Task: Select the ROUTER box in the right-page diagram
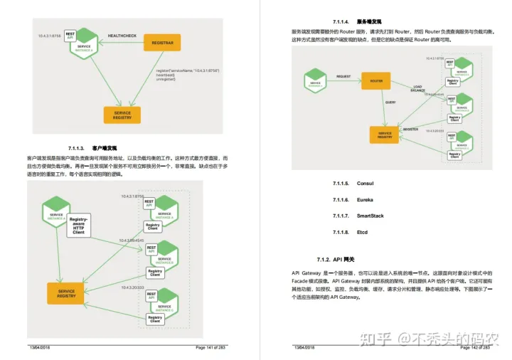tap(376, 80)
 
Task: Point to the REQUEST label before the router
tap(343, 76)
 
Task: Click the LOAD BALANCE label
tap(418, 89)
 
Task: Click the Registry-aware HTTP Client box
tap(79, 226)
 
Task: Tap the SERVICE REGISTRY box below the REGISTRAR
tap(122, 114)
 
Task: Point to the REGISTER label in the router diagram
tap(410, 129)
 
